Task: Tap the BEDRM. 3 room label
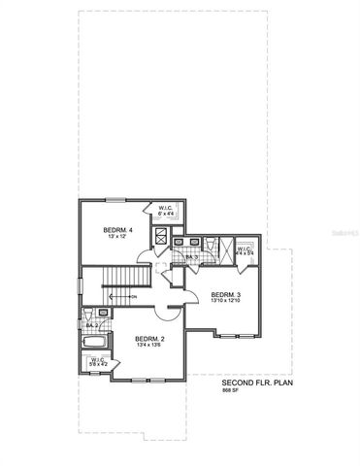pyautogui.click(x=224, y=294)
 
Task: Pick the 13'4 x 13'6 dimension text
pyautogui.click(x=147, y=344)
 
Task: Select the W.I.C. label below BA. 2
pyautogui.click(x=98, y=361)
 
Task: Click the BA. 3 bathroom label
pyautogui.click(x=191, y=256)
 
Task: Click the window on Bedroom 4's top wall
pyautogui.click(x=115, y=200)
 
